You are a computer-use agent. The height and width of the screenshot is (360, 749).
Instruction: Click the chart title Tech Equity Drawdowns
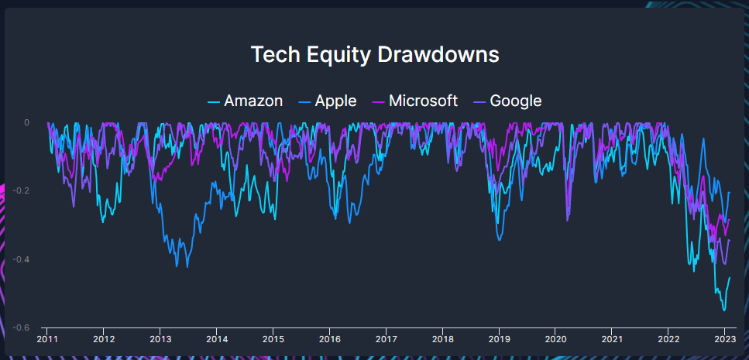pos(375,55)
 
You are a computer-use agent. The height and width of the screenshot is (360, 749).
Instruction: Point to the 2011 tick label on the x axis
pos(48,338)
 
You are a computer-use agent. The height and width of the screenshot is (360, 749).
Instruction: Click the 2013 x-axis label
pos(160,338)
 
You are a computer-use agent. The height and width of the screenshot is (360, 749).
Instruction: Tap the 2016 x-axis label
pos(330,338)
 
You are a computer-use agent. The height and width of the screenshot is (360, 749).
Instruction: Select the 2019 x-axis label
pos(500,338)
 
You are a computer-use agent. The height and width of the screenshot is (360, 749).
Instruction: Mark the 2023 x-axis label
pos(725,338)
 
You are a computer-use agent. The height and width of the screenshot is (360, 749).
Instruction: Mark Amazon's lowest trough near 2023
pos(724,310)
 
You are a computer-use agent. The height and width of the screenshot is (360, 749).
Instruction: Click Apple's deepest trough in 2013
pos(177,266)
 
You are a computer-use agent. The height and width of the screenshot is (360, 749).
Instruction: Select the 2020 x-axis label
pos(555,338)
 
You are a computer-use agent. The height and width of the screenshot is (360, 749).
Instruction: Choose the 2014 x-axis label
pos(217,338)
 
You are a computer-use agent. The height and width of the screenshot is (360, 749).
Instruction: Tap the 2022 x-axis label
pos(668,338)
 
